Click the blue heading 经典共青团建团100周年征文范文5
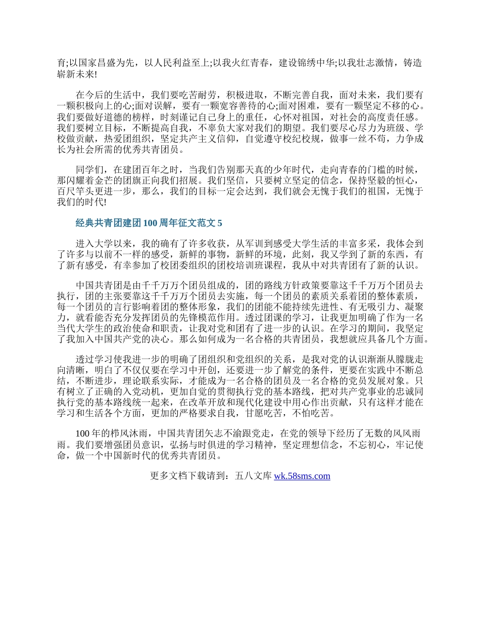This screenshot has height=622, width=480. pos(149,223)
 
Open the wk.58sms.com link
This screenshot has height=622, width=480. pos(302,476)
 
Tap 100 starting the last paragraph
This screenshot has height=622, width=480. pos(82,433)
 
